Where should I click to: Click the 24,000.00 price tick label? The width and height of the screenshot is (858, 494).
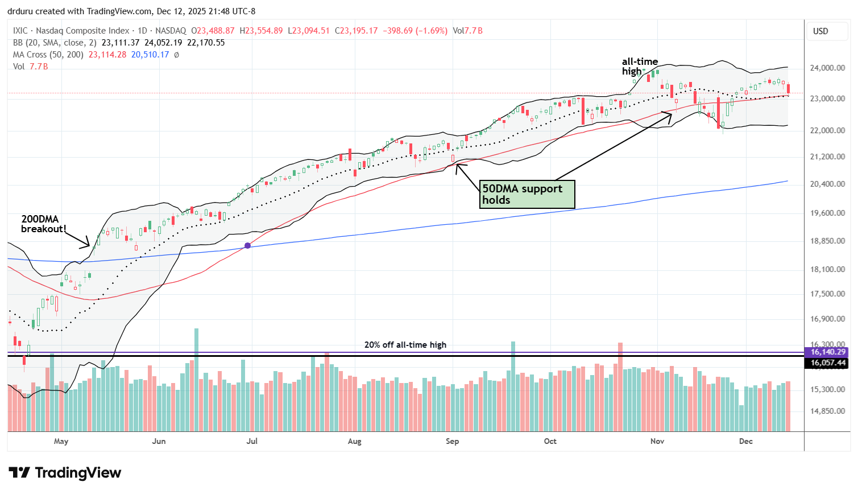pos(827,68)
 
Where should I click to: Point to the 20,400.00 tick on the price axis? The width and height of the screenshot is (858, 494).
pos(827,184)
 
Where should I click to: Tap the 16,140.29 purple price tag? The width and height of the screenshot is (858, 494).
pos(828,352)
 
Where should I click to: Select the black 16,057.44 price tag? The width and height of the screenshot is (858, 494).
pos(828,363)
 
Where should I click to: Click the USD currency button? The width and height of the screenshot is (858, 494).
pos(820,31)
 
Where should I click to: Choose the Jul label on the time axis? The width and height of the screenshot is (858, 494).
pos(251,441)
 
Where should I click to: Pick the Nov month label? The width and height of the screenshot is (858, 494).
pos(657,441)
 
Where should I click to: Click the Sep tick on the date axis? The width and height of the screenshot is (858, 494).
pos(452,441)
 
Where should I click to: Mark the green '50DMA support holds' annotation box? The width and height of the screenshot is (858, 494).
pos(527,194)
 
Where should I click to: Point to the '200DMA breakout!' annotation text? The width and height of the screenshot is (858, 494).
pos(43,224)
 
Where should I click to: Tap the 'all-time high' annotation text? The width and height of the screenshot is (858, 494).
pos(639,66)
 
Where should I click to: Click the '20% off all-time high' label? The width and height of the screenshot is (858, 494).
pos(405,345)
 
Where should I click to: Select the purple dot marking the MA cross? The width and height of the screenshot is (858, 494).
pos(247,246)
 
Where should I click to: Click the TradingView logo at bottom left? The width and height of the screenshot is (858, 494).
pos(65,473)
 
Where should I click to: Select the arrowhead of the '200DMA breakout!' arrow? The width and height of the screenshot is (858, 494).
pos(89,246)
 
